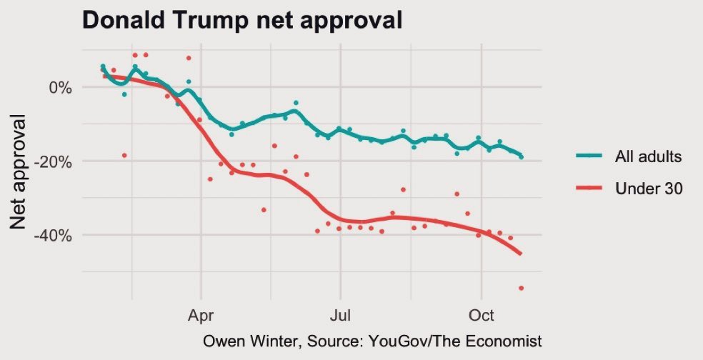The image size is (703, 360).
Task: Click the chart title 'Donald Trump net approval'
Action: click(243, 20)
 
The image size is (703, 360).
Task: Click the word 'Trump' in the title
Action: click(222, 20)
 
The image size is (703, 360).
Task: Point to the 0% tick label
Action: click(59, 88)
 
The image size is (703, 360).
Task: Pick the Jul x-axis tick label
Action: click(341, 313)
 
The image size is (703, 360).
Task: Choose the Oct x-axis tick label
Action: click(481, 313)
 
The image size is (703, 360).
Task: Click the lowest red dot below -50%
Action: click(522, 288)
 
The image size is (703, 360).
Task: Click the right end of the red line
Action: click(521, 254)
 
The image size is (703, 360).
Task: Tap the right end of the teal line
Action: click(522, 156)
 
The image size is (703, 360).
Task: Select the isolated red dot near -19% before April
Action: click(124, 155)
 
